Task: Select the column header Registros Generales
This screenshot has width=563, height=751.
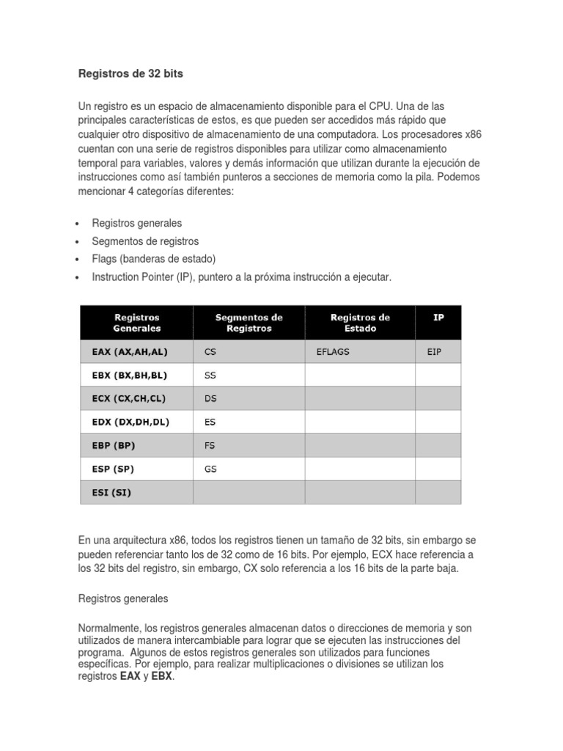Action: [136, 323]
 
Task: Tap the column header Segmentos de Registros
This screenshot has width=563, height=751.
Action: [249, 323]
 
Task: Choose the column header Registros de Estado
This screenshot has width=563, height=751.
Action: [360, 323]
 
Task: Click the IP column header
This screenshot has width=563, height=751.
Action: [438, 317]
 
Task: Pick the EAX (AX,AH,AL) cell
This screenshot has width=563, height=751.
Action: [125, 351]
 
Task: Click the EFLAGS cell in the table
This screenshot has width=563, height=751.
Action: [333, 351]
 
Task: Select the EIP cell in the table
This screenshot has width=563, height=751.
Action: [435, 351]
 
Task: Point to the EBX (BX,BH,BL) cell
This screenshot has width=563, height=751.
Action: [125, 375]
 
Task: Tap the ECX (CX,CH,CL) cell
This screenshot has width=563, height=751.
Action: [125, 398]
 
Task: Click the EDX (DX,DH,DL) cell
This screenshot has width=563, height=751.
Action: [125, 422]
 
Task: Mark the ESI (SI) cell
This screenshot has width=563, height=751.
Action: [107, 492]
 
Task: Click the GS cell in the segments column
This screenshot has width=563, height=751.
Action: [211, 469]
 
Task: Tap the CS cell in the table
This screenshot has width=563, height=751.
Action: [210, 351]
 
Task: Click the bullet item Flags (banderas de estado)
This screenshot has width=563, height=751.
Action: [154, 259]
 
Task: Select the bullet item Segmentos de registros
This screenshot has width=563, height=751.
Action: [145, 241]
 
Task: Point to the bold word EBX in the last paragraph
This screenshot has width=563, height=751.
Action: [161, 677]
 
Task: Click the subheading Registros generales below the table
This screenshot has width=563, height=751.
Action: [123, 598]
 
